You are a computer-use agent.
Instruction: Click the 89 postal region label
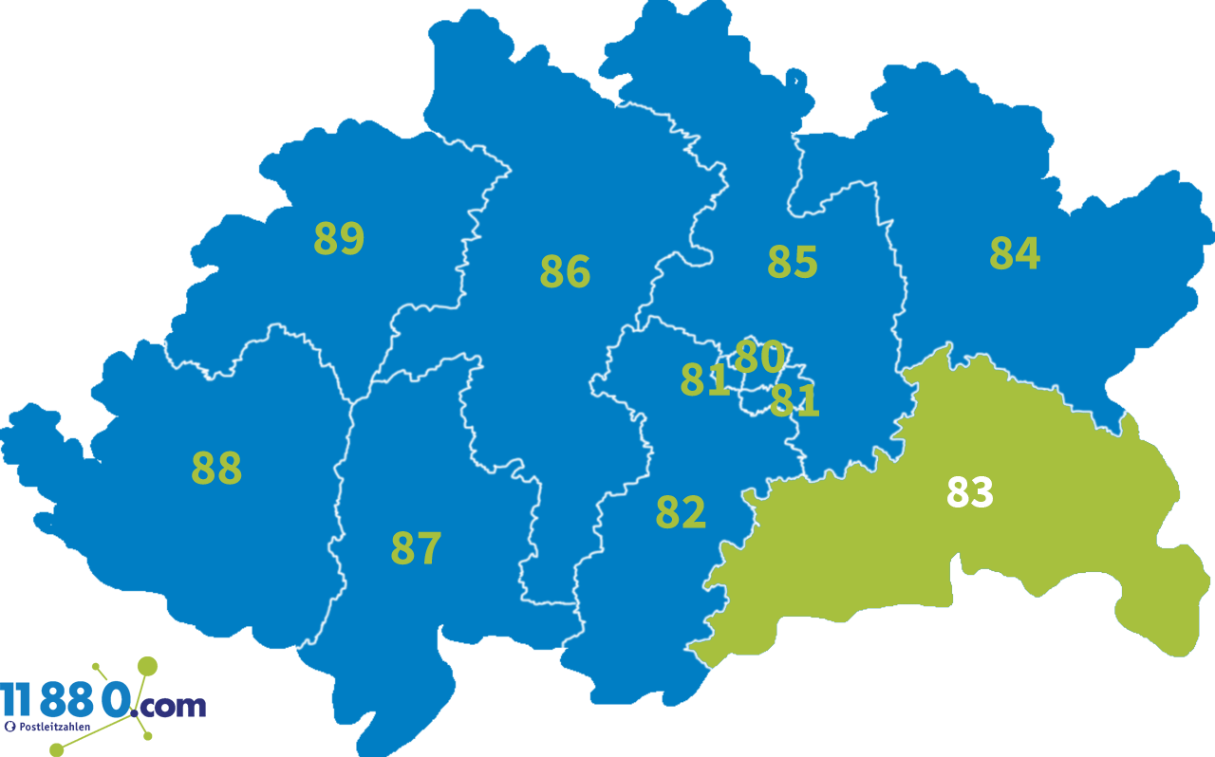(339, 238)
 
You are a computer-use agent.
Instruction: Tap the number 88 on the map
(216, 468)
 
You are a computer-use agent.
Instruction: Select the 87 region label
(416, 548)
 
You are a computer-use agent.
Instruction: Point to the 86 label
(565, 272)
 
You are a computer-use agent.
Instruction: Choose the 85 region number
(792, 262)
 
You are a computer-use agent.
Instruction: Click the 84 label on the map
(1015, 253)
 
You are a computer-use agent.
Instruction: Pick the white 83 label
(969, 492)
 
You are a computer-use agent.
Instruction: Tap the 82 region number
(681, 512)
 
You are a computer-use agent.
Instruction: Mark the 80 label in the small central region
(759, 357)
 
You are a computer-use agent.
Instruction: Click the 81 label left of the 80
(704, 379)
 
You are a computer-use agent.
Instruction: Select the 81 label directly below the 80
(794, 400)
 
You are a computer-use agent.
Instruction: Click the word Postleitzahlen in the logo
(55, 726)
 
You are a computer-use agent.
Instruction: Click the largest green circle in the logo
(147, 666)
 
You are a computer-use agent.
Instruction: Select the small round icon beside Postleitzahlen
(10, 727)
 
